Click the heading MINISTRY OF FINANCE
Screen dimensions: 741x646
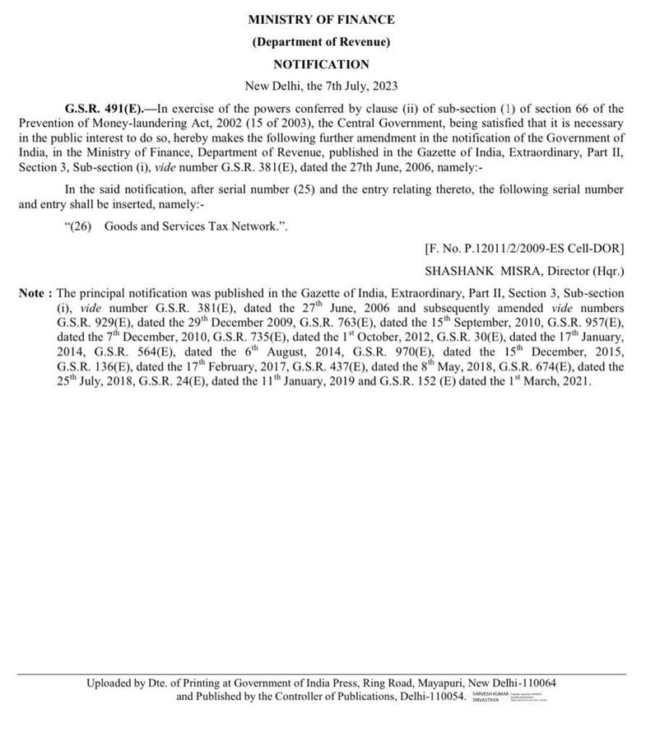click(x=322, y=19)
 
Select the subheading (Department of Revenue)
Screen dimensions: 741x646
click(x=322, y=41)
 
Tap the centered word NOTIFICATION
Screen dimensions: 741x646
click(x=322, y=64)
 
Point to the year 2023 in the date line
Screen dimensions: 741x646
click(x=383, y=86)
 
